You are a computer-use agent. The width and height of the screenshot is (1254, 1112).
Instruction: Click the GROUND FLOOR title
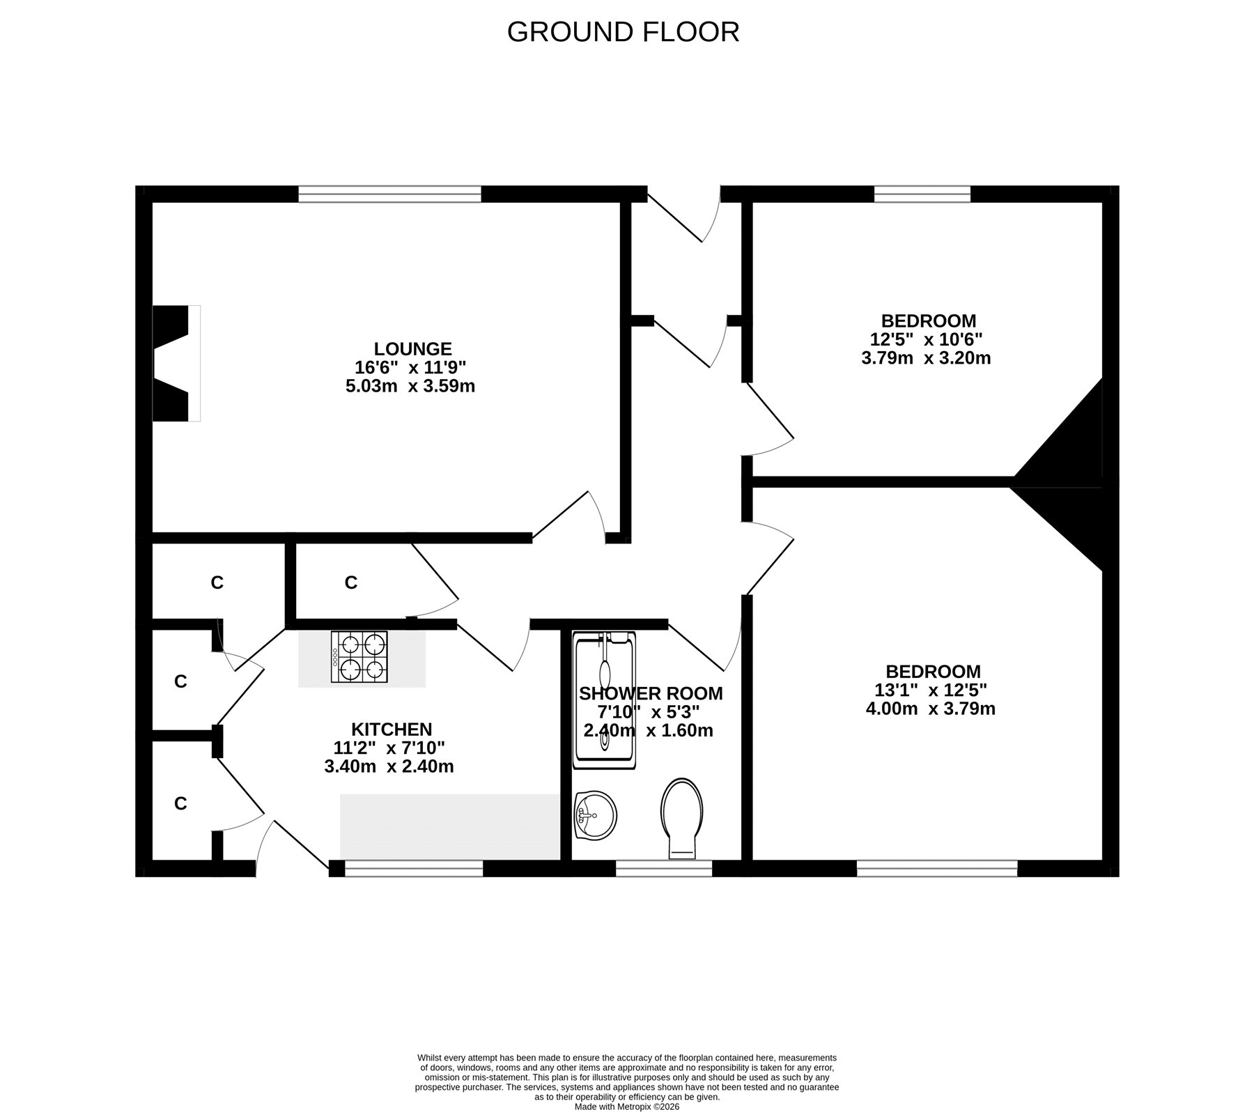pos(623,32)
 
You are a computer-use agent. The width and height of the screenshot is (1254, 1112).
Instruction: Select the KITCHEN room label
pos(392,729)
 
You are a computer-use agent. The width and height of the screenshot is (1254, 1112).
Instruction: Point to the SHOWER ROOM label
pos(651,693)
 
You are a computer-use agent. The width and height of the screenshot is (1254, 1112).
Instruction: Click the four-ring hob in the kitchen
pos(359,657)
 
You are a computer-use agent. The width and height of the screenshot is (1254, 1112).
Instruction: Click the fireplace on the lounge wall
pos(176,363)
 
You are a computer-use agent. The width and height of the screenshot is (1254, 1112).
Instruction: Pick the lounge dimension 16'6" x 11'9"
pos(410,367)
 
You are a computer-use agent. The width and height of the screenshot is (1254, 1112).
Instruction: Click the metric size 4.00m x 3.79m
pos(931,709)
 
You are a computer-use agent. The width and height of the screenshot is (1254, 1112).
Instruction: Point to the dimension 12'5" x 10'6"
pos(927,340)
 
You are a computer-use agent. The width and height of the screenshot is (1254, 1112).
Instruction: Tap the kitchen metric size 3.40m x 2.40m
pos(389,767)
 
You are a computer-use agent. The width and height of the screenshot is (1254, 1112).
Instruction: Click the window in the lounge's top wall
pos(390,194)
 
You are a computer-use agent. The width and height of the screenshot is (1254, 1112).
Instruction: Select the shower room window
pos(664,868)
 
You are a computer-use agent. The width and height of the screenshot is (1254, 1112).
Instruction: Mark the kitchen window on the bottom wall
pos(414,868)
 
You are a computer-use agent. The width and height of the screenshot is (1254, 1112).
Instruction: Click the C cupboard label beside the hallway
pos(350,582)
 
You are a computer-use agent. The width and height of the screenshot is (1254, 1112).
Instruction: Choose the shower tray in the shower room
pos(604,700)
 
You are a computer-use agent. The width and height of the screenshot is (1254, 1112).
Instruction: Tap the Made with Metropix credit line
pos(627,1106)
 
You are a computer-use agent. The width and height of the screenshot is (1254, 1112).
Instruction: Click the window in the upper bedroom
pos(922,194)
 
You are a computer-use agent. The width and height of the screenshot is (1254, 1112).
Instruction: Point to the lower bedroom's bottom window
pos(937,868)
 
